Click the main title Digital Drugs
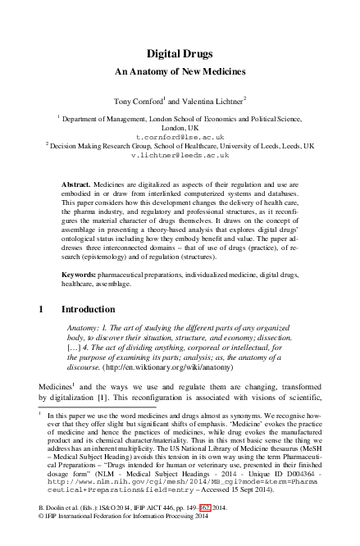(180, 53)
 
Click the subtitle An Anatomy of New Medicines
(180, 72)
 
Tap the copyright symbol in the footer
(42, 540)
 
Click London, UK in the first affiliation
(180, 128)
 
